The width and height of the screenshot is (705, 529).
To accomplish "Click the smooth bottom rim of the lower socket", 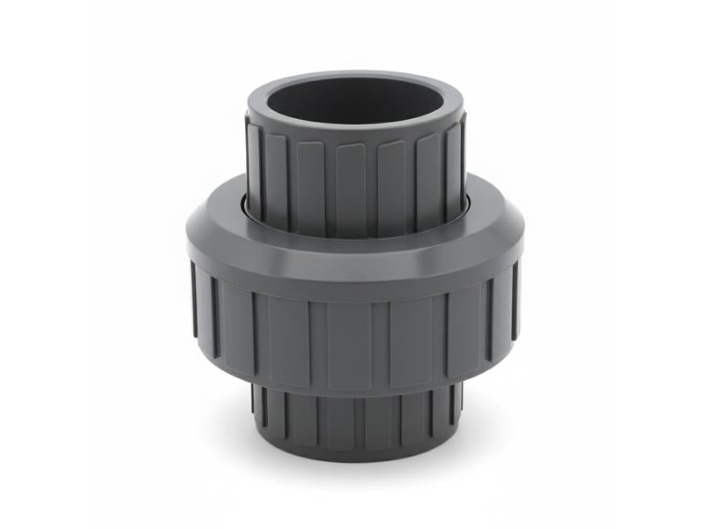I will pos(354,450).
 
